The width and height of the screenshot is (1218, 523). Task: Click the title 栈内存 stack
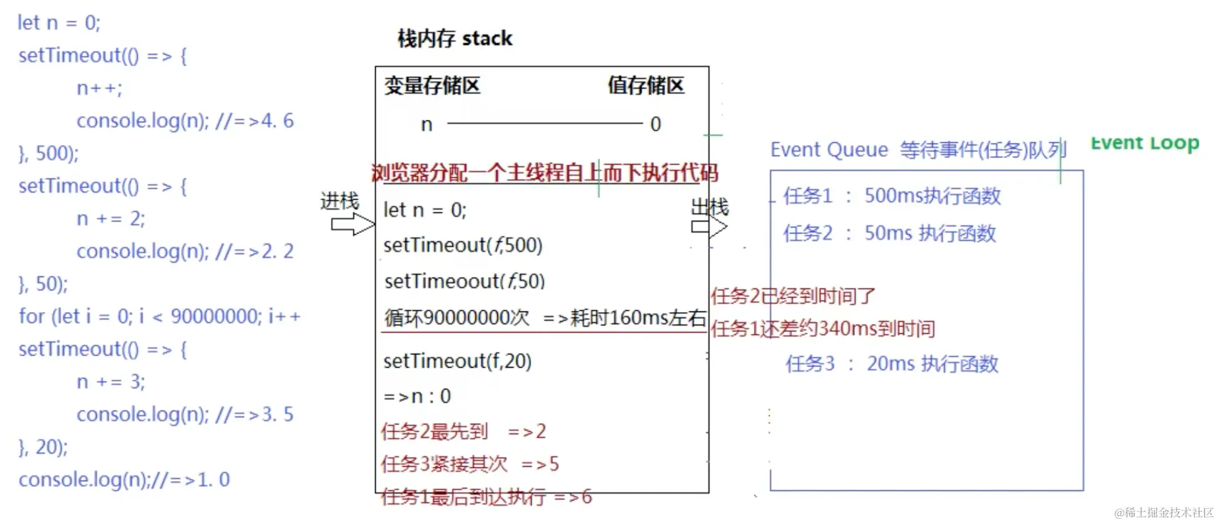tap(455, 39)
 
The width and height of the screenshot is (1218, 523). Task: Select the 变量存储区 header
tap(432, 86)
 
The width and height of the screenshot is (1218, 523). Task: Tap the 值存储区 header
tap(646, 86)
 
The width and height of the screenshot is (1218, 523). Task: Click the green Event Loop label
tap(1144, 144)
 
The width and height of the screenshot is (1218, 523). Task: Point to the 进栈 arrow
tap(352, 224)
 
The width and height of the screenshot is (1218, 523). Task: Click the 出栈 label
tap(709, 207)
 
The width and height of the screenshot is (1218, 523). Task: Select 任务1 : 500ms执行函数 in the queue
tap(892, 196)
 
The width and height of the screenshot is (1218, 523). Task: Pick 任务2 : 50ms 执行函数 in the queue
tap(889, 233)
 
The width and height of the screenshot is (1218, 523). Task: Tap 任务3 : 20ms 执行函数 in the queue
tap(892, 364)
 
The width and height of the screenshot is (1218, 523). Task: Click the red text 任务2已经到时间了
tap(793, 296)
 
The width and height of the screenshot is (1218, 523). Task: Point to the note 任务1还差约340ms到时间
tap(822, 328)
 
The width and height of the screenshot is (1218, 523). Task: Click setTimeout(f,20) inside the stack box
tap(457, 361)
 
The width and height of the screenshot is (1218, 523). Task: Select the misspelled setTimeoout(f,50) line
tap(464, 281)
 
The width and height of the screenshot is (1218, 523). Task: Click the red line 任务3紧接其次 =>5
tap(469, 464)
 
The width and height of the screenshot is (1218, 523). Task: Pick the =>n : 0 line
tap(417, 396)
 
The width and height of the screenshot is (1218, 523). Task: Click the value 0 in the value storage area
tap(655, 124)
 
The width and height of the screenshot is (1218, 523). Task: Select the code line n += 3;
tap(110, 381)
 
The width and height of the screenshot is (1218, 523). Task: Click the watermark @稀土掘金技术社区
tap(1164, 512)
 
